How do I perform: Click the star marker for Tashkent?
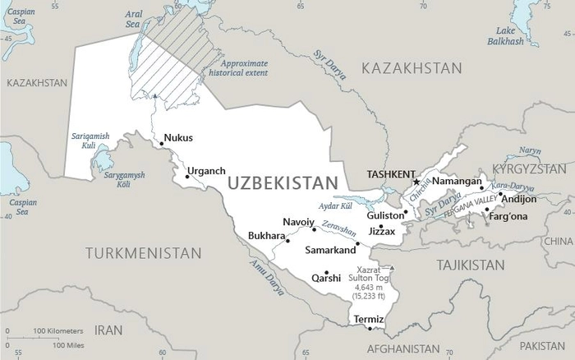tap(416, 182)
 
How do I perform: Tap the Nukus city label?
tap(178, 138)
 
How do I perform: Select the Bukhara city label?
tap(266, 236)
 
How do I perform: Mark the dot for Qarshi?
tap(327, 273)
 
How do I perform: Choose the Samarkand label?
tap(330, 249)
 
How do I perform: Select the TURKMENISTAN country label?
tap(144, 252)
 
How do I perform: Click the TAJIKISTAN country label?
tap(470, 265)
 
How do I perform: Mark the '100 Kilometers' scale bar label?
tap(54, 331)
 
